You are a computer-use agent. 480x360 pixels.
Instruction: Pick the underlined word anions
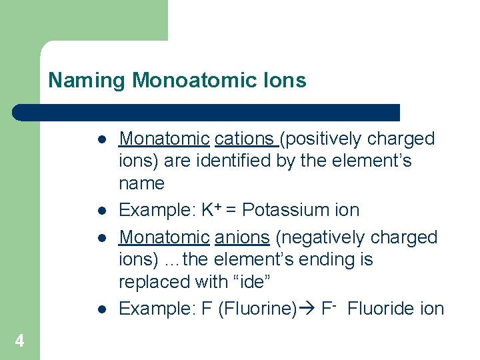241,237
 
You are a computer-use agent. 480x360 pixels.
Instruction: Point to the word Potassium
278,210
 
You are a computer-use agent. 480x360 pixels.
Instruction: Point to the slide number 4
19,341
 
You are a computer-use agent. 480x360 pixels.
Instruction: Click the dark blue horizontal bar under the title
207,112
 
